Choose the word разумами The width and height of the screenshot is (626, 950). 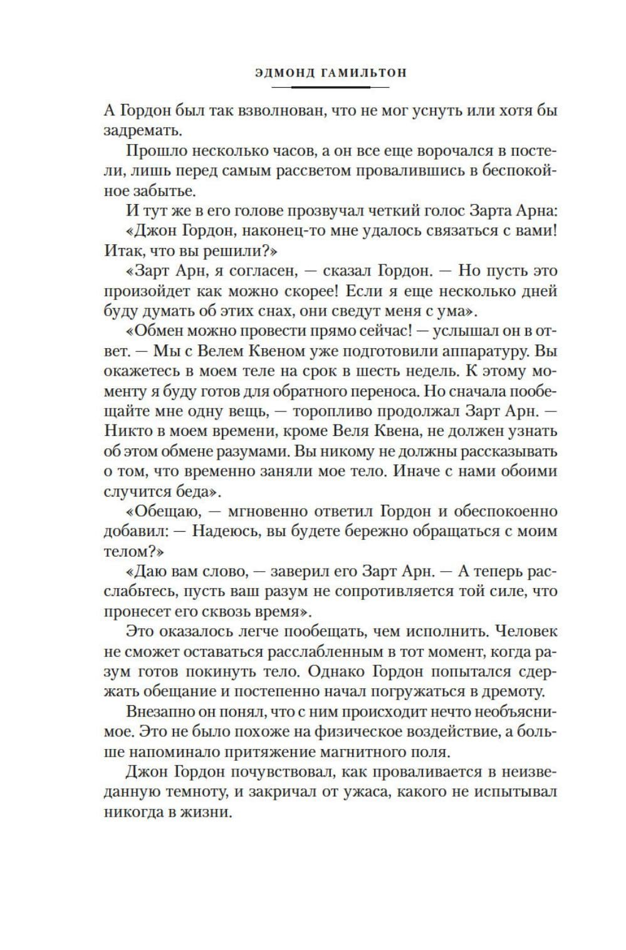tap(246, 452)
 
